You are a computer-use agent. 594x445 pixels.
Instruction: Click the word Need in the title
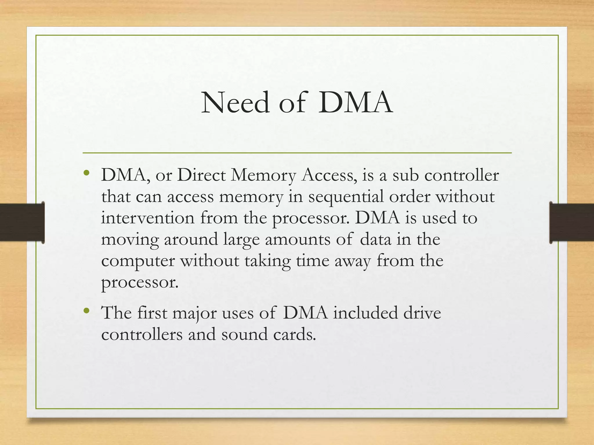235,103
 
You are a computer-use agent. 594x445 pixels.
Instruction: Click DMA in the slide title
355,103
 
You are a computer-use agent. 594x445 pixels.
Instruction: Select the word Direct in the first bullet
201,175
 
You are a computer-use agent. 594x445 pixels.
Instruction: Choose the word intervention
148,218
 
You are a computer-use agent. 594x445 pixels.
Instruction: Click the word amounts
297,240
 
